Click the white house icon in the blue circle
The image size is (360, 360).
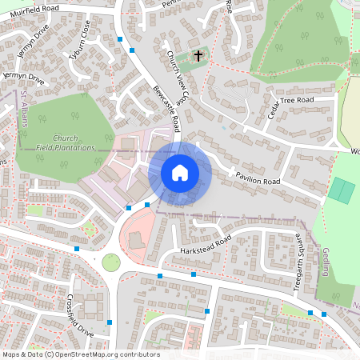coord(179,173)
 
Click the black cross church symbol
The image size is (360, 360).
coord(198,56)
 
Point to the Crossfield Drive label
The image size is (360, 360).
coord(81,317)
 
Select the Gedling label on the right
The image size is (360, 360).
coord(326,262)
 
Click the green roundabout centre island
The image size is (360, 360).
coord(110,262)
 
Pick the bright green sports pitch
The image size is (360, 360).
coord(342,190)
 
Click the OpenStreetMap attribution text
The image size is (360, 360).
coord(80,354)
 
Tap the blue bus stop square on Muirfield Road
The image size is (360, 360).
coord(120,38)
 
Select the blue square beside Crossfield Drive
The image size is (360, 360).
coord(110,323)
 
